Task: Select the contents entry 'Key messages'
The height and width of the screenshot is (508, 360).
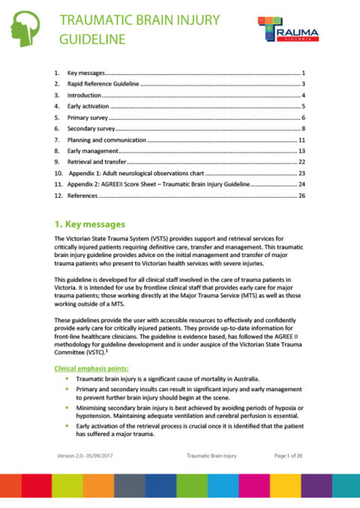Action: click(84, 73)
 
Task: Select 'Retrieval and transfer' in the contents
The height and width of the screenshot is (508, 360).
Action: click(97, 162)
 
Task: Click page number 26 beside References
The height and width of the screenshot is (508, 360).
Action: click(301, 195)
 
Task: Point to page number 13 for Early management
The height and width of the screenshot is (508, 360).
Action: click(301, 151)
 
